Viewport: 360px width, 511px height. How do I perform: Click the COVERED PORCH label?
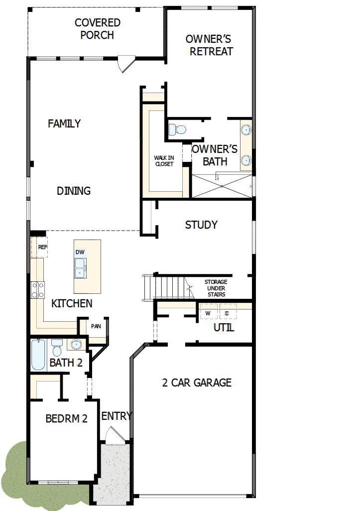pyautogui.click(x=98, y=29)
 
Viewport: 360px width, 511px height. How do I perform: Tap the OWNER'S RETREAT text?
pyautogui.click(x=209, y=45)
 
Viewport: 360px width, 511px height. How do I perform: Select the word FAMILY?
pyautogui.click(x=64, y=124)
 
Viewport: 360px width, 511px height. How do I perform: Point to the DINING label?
pyautogui.click(x=74, y=191)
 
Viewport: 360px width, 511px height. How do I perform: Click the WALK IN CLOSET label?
pyautogui.click(x=164, y=161)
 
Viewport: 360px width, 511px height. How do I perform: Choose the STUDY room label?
pyautogui.click(x=201, y=225)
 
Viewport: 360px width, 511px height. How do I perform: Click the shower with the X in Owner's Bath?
pyautogui.click(x=222, y=185)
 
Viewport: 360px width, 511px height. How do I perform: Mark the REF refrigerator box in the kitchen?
pyautogui.click(x=42, y=247)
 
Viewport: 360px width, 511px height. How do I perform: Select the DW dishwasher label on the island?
pyautogui.click(x=80, y=252)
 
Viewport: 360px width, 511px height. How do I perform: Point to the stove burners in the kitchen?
pyautogui.click(x=38, y=290)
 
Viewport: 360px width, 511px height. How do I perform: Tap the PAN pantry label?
pyautogui.click(x=96, y=327)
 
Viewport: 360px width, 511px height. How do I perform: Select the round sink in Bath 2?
pyautogui.click(x=76, y=344)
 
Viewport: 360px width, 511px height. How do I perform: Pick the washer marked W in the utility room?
pyautogui.click(x=209, y=313)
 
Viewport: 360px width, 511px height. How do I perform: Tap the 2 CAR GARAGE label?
pyautogui.click(x=197, y=383)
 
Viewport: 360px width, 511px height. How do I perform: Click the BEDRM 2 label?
pyautogui.click(x=66, y=418)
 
